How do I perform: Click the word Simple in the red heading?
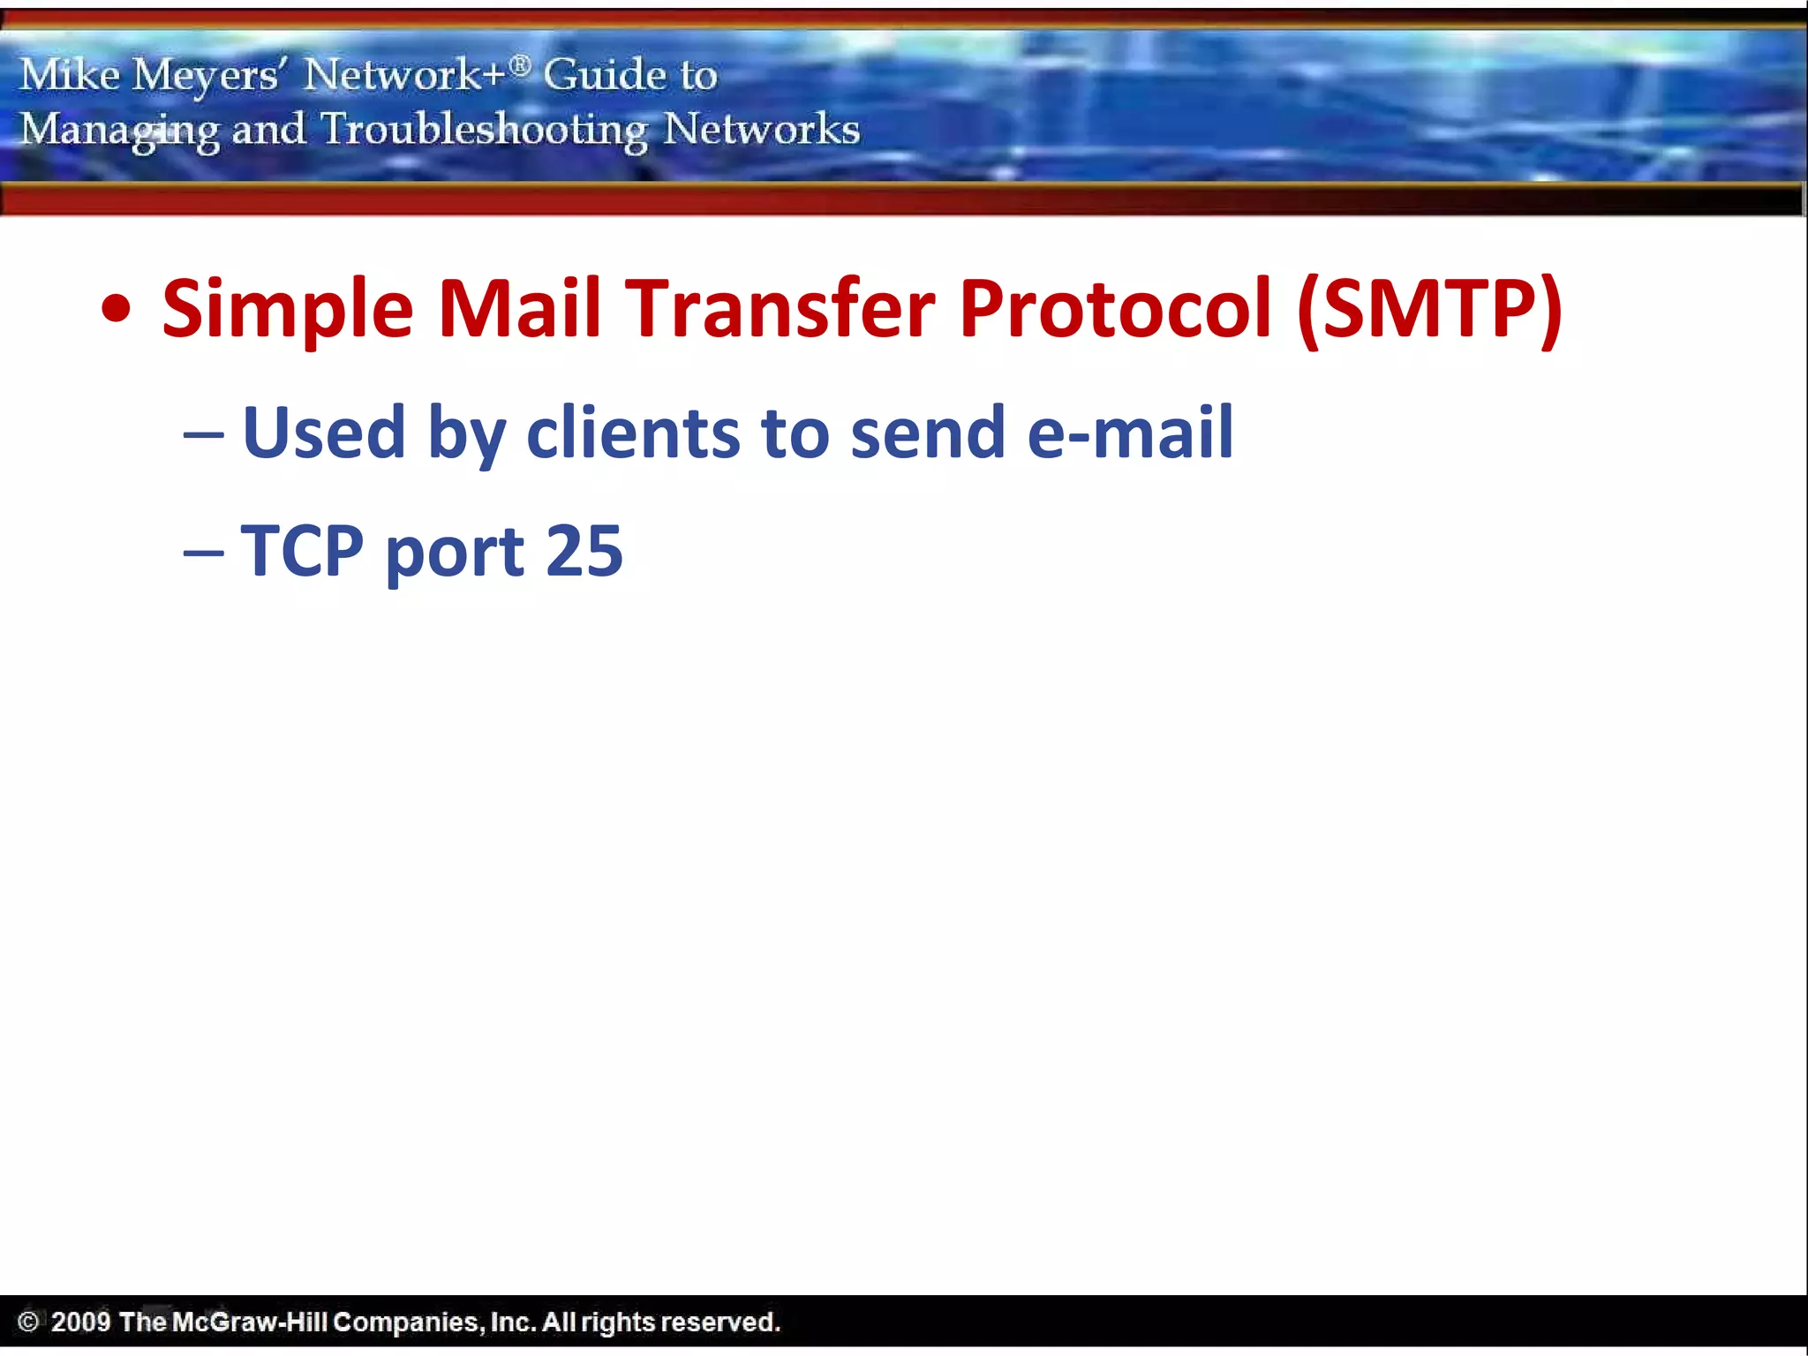coord(288,309)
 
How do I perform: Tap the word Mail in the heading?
coord(519,309)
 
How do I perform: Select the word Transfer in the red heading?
coord(780,309)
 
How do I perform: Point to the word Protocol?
coord(1116,309)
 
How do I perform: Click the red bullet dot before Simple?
coord(117,310)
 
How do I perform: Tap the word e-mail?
coord(1131,433)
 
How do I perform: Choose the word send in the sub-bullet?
coord(928,433)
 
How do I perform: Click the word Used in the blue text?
coord(324,433)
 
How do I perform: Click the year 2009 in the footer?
coord(80,1322)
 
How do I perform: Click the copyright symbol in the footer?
coord(28,1322)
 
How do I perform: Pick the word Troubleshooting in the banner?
coord(484,130)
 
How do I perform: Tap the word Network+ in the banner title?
coord(405,75)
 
